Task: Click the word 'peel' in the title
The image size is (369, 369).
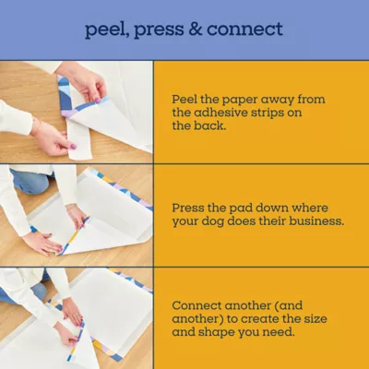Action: pos(103,30)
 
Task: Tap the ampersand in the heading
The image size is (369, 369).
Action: pos(196,30)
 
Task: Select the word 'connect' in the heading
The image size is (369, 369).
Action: pos(244,30)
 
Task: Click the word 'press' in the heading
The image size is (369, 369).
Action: pos(159,30)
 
